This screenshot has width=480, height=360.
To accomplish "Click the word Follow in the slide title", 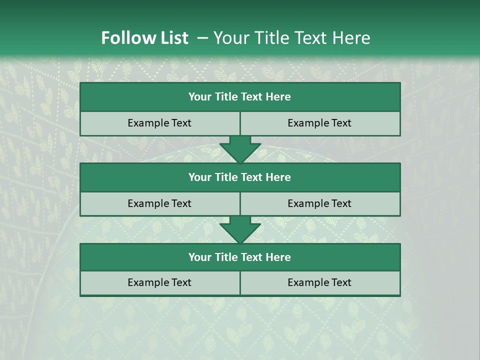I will coord(126,38).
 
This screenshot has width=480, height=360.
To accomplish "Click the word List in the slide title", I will coord(171,38).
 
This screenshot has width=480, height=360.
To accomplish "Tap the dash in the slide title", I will coord(202,38).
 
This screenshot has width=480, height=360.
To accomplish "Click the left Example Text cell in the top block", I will coord(159,123).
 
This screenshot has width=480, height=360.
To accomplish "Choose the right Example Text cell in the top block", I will coord(320,123).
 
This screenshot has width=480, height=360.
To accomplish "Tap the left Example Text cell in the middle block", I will coord(159,203).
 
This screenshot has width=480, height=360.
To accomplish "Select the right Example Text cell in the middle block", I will coord(320,203).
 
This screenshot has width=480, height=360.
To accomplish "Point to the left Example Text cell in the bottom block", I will coord(159,283).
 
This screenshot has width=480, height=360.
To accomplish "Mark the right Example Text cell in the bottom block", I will coord(320,283).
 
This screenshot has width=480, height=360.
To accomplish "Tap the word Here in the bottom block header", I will coord(278,257).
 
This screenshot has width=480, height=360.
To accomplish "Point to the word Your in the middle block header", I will coord(200,177).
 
